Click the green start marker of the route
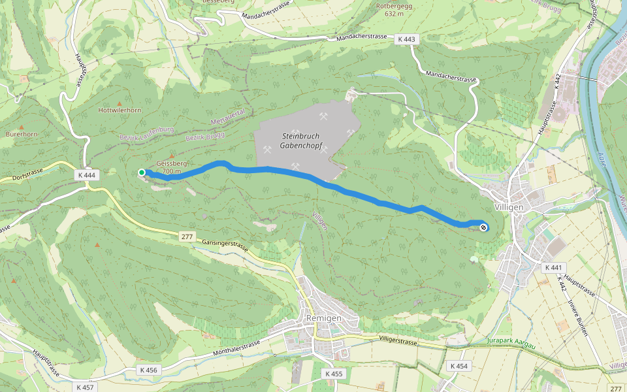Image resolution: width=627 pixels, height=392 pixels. [x=142, y=172]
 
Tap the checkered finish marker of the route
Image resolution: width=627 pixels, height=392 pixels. [x=483, y=227]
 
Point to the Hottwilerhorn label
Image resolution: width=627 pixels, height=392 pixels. [x=120, y=110]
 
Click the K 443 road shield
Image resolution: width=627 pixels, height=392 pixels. [x=406, y=39]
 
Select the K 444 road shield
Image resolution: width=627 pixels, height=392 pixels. [x=86, y=175]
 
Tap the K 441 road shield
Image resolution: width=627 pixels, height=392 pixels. [x=553, y=267]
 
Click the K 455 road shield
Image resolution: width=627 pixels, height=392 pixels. [x=333, y=374]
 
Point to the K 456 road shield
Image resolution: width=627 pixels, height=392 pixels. [x=149, y=370]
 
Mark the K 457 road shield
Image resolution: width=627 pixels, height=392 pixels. [x=86, y=387]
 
